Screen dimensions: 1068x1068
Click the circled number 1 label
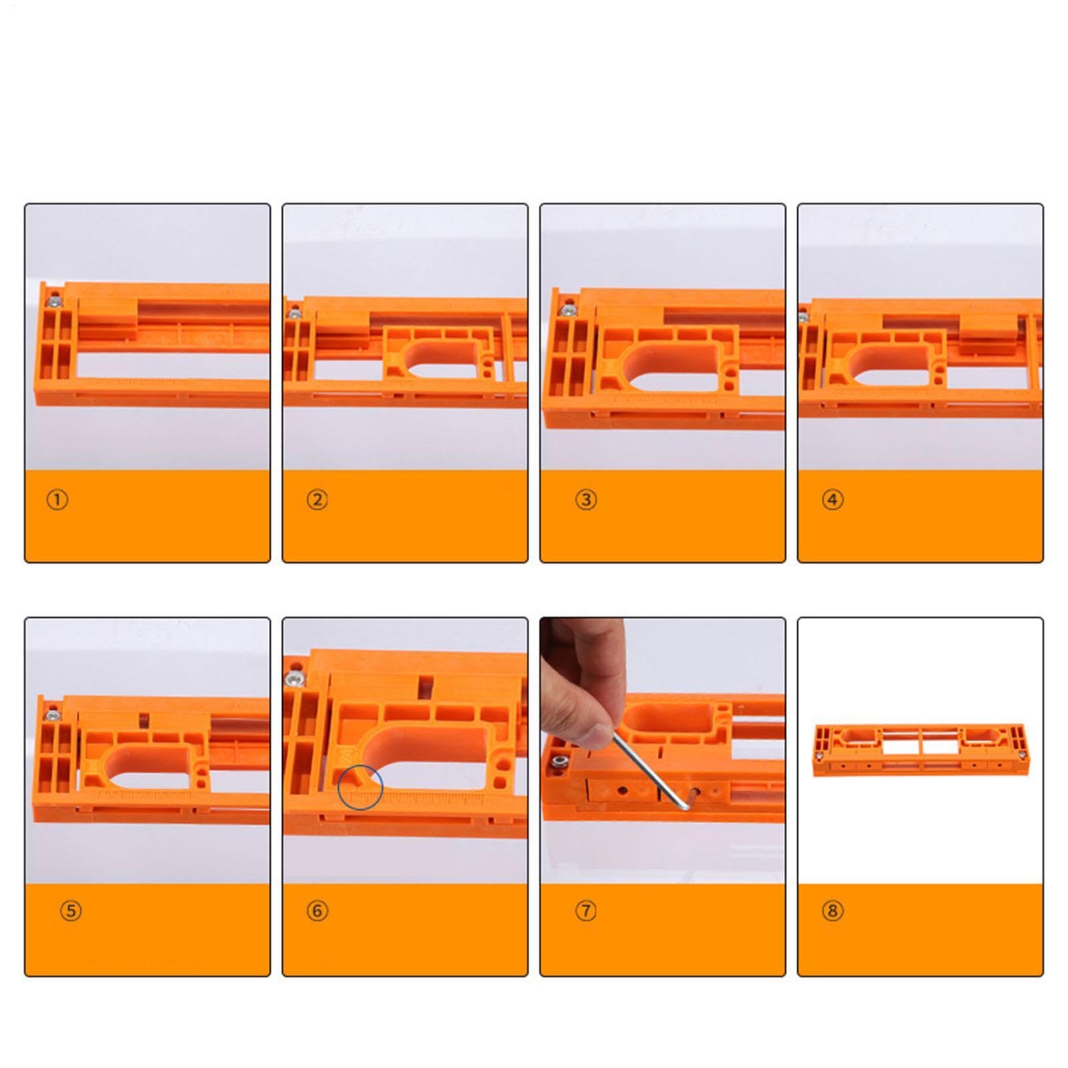click(57, 500)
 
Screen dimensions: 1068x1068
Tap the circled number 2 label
click(317, 500)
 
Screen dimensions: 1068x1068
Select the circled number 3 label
click(586, 500)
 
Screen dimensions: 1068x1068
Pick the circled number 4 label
click(833, 500)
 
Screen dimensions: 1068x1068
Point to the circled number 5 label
click(71, 911)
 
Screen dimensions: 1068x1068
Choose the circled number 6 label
click(317, 911)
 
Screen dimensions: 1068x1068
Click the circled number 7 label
click(586, 911)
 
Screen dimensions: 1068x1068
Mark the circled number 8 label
click(833, 911)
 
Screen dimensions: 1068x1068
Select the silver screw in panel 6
click(293, 680)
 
